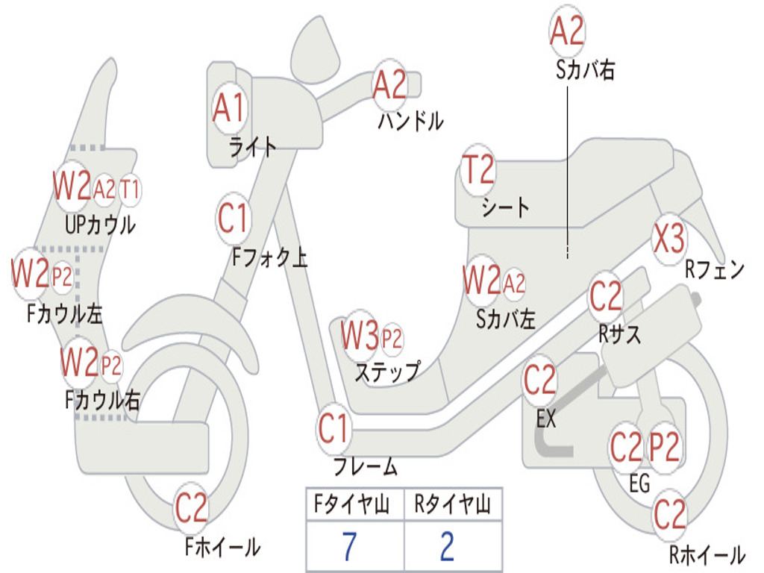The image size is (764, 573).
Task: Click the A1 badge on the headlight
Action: [229, 109]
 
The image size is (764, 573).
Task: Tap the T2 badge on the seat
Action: [477, 170]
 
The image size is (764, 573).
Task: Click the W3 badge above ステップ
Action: [360, 338]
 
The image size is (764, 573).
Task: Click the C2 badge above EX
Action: [539, 381]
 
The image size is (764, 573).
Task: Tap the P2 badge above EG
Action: [664, 447]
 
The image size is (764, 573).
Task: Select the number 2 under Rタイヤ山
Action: [447, 548]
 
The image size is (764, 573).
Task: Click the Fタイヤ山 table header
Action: [354, 506]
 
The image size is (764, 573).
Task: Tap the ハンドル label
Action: [410, 120]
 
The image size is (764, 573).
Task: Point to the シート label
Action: [505, 207]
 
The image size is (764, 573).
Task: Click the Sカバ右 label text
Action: [585, 69]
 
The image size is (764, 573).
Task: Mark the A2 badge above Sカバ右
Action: [567, 31]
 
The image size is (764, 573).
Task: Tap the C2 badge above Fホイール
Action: [191, 510]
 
